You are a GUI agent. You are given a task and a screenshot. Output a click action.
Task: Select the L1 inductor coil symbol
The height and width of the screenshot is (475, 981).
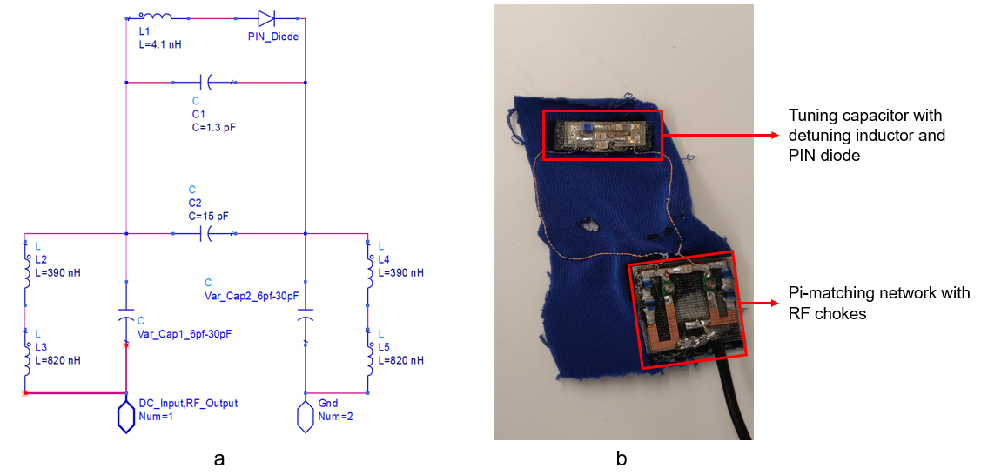point(156,15)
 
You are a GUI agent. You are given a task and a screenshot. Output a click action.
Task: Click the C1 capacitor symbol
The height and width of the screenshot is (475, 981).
point(208,83)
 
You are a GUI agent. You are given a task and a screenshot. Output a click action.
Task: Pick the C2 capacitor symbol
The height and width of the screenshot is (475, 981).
point(208,233)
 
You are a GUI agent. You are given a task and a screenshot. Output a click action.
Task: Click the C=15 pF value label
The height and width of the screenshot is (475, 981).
point(210,215)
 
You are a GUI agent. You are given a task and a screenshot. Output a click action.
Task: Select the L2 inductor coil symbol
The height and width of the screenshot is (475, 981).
point(26,273)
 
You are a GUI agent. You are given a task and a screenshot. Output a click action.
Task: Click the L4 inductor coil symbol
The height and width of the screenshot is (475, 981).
point(369,273)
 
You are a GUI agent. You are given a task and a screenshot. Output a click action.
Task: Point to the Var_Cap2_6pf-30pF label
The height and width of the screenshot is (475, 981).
point(252,297)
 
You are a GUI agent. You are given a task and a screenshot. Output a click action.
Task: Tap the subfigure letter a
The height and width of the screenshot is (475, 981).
point(218,458)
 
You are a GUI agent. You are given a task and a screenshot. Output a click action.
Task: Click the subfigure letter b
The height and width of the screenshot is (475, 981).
point(621,458)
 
